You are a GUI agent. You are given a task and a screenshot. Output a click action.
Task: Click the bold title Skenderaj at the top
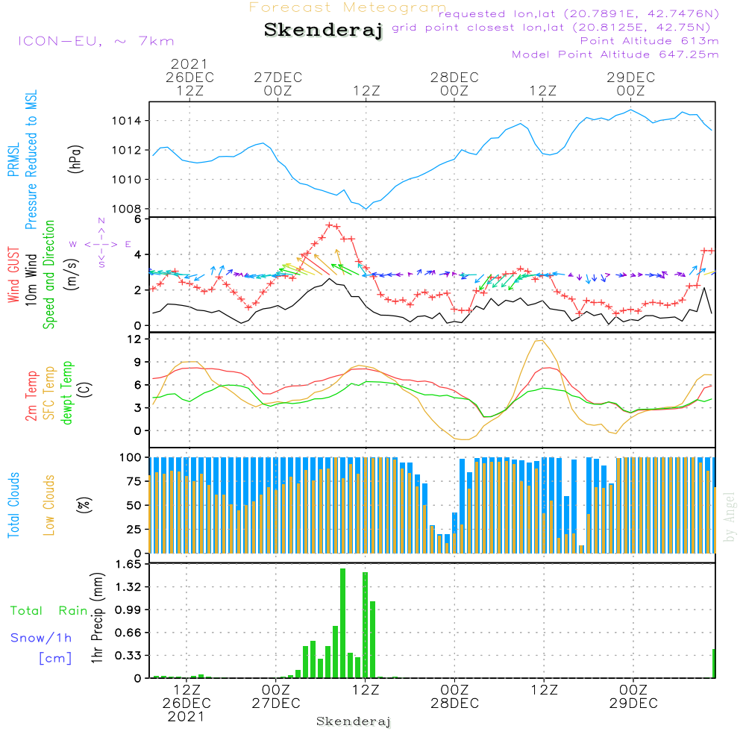click(323, 31)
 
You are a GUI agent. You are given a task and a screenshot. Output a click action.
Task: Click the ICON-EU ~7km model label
click(95, 41)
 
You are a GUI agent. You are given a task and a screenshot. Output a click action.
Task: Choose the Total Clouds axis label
click(13, 505)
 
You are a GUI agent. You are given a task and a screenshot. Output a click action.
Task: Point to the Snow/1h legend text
click(41, 638)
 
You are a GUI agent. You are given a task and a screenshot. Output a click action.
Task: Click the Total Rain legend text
click(48, 611)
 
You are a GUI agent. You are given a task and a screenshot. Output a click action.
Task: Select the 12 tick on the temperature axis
click(136, 339)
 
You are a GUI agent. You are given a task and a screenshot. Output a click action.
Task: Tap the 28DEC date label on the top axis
click(454, 78)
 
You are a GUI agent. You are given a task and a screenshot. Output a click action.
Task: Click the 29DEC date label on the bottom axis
click(633, 703)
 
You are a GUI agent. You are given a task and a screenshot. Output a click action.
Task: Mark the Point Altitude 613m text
click(649, 40)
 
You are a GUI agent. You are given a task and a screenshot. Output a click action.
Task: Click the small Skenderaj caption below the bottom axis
click(354, 721)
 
